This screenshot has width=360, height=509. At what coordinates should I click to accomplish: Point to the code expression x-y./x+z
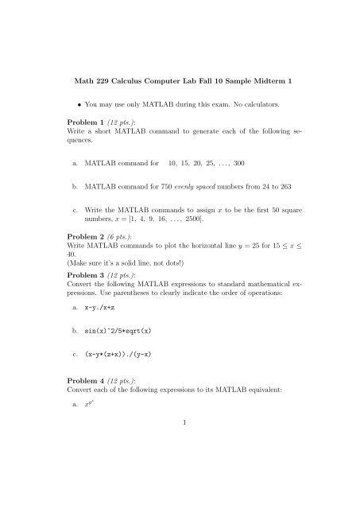tap(107, 394)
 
